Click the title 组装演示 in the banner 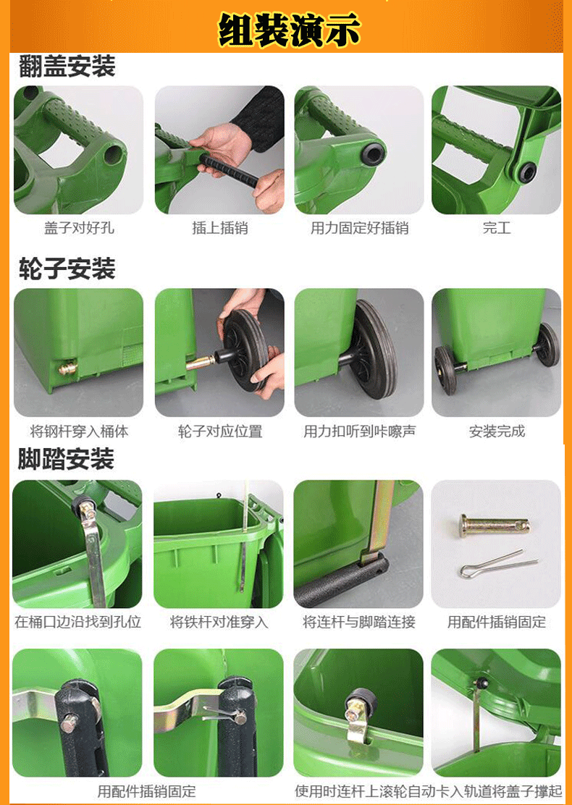click(289, 30)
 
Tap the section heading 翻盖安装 click(67, 67)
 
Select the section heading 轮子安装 click(67, 270)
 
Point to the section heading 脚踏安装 click(66, 459)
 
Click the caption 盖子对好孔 click(79, 228)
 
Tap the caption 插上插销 click(219, 228)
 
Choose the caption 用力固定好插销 click(359, 228)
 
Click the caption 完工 click(497, 228)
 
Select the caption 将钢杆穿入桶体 click(79, 431)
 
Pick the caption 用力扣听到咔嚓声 click(359, 431)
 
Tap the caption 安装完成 click(497, 431)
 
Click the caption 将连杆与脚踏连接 click(359, 622)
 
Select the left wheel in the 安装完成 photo click(445, 369)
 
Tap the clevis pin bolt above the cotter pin click(494, 524)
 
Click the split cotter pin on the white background click(498, 565)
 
